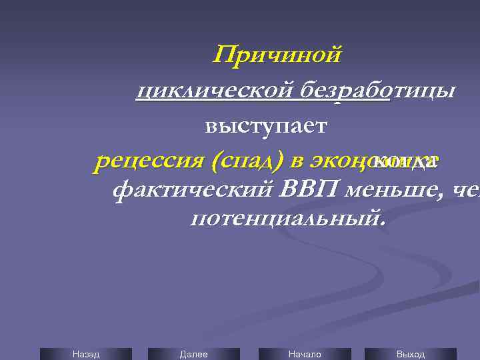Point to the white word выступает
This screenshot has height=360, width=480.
pos(266,125)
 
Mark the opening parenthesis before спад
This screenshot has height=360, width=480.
pos(215,161)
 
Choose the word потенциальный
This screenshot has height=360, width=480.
pos(285,218)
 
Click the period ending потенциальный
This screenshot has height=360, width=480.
pos(383,223)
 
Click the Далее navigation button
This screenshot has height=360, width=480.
pos(193,354)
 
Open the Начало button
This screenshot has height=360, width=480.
pos(304,354)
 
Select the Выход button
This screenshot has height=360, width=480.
pos(410,354)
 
